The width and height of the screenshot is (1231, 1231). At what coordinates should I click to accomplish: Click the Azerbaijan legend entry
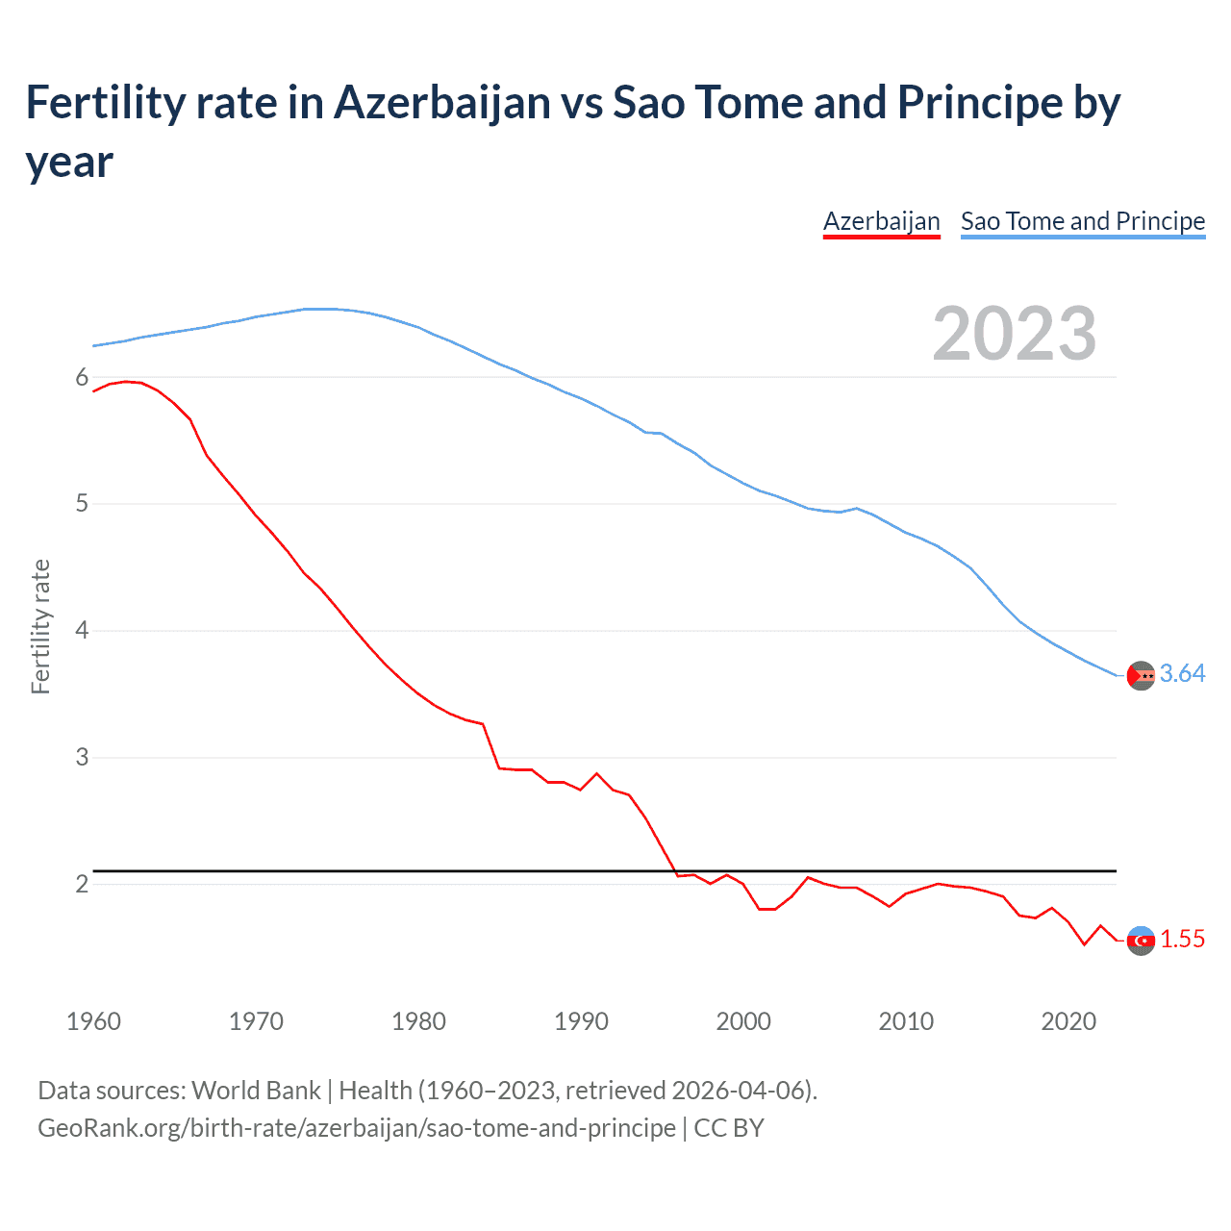[881, 221]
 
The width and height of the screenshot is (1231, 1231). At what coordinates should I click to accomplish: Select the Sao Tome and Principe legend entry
[1082, 221]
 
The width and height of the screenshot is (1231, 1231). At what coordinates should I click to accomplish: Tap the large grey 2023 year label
[1014, 334]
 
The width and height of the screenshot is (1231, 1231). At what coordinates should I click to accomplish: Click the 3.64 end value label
[1182, 674]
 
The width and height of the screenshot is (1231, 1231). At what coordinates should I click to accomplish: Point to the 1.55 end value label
[1182, 940]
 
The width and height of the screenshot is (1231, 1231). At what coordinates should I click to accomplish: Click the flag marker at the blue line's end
[1141, 676]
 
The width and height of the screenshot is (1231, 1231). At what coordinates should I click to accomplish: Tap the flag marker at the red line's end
[1141, 941]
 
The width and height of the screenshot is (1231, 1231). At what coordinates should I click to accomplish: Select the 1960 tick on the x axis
[93, 1021]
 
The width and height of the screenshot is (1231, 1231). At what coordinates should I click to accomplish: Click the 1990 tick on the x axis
[581, 1021]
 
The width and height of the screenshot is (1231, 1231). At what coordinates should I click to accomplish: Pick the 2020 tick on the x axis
[1068, 1021]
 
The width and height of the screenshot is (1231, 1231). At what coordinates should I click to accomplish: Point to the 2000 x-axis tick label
[743, 1021]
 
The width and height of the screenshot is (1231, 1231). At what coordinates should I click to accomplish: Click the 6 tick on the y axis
[82, 378]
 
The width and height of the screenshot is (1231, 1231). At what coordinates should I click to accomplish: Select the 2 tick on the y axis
[82, 884]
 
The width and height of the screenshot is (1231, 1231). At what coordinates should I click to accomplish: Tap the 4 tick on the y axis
[82, 631]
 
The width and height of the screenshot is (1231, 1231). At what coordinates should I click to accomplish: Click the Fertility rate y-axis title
[40, 626]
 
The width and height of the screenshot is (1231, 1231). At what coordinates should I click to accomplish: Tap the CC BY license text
[729, 1128]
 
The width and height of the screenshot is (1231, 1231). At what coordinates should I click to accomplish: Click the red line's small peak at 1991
[596, 773]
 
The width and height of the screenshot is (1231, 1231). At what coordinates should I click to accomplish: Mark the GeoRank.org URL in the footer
[356, 1128]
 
